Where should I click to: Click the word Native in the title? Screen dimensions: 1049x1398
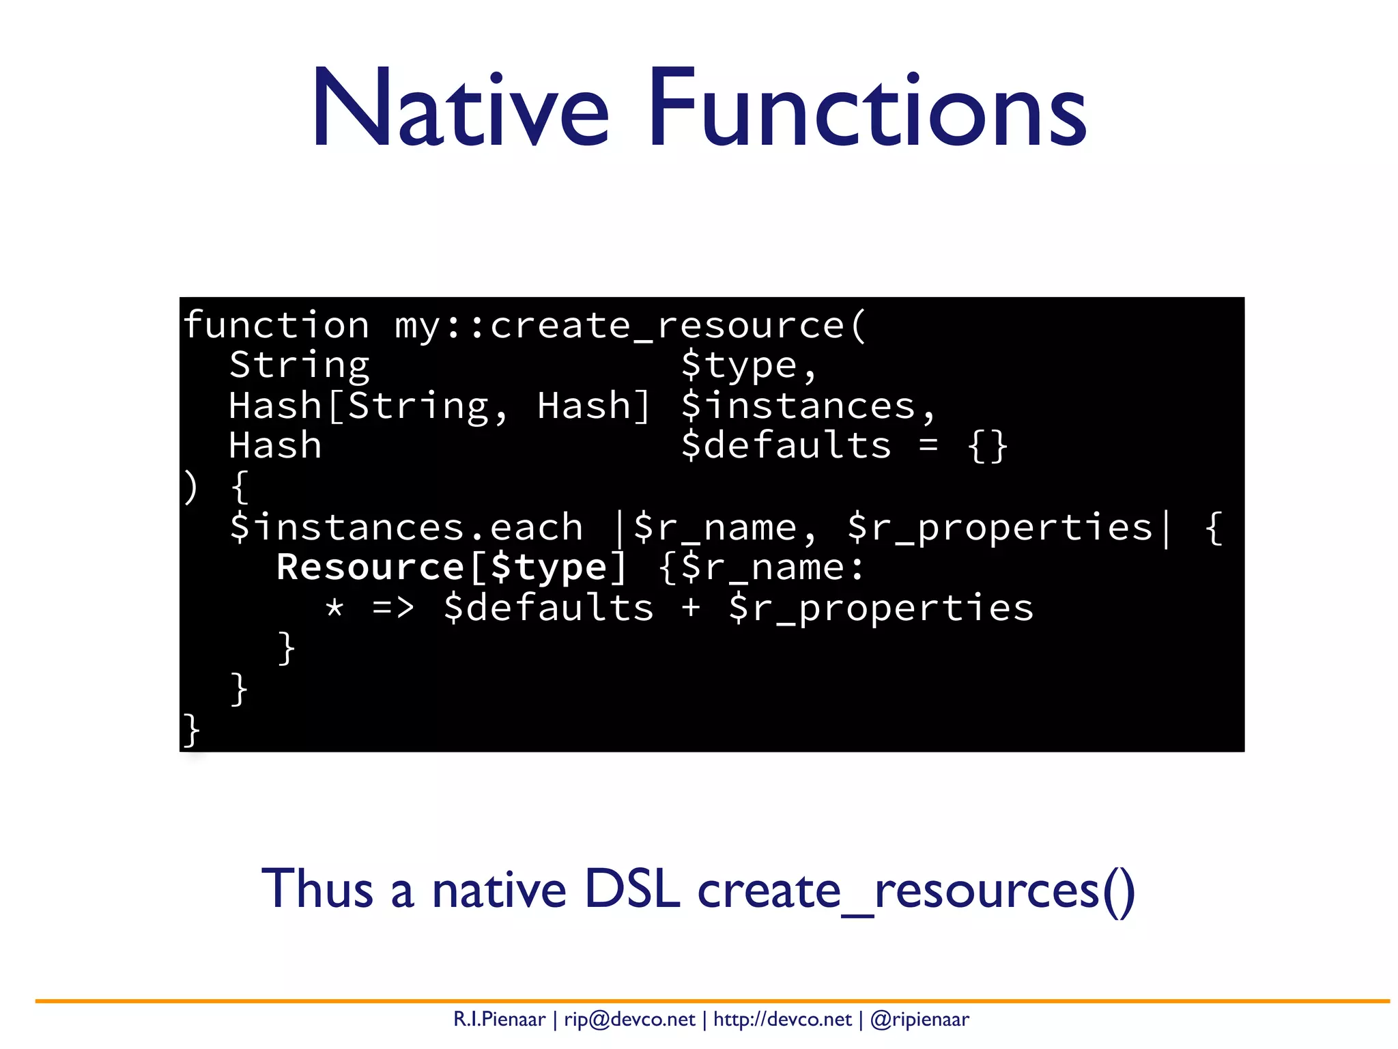click(x=460, y=108)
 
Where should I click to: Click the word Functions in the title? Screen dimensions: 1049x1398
click(x=867, y=108)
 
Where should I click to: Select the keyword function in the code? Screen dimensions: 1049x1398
click(x=276, y=325)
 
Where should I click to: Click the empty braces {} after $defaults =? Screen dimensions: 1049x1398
click(x=987, y=447)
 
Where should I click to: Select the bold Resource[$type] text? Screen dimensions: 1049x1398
click(x=451, y=568)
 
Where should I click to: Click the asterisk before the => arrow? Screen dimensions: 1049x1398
click(x=334, y=608)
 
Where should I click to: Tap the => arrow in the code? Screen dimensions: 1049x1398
click(x=393, y=608)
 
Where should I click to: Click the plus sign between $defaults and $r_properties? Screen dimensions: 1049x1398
click(x=691, y=608)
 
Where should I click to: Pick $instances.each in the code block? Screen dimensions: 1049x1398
click(x=406, y=527)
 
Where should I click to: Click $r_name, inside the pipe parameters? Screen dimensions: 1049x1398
click(x=724, y=527)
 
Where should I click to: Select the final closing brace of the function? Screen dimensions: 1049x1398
click(x=191, y=729)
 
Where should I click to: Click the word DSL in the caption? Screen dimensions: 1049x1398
click(x=632, y=889)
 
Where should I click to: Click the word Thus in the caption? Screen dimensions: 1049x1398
click(x=317, y=889)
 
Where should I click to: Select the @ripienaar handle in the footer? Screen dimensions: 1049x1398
click(x=919, y=1020)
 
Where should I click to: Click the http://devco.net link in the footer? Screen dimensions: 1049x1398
click(x=782, y=1020)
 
